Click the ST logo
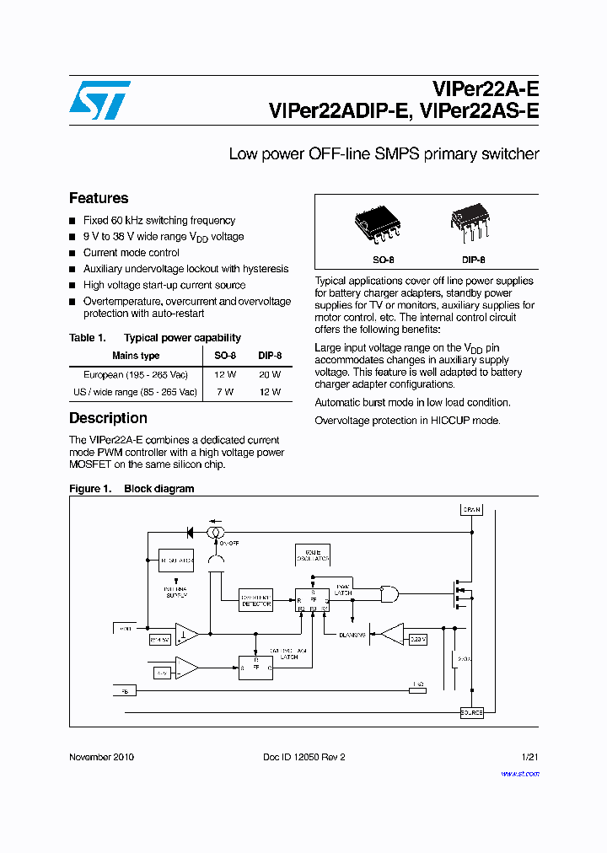(x=100, y=101)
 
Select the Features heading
(x=99, y=198)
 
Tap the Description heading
(x=108, y=418)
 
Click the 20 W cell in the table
(x=270, y=375)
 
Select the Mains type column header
(x=136, y=356)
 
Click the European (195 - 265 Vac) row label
(x=135, y=375)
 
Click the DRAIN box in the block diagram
(x=470, y=509)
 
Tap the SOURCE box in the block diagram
(x=471, y=713)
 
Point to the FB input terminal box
(x=124, y=690)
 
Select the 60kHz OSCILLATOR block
(x=312, y=555)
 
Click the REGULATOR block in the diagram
(x=176, y=560)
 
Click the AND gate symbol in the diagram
(x=389, y=594)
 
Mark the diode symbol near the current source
(x=189, y=533)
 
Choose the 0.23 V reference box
(x=418, y=640)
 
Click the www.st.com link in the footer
(x=519, y=773)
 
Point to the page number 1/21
(x=529, y=757)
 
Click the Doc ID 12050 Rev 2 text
(x=303, y=757)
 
